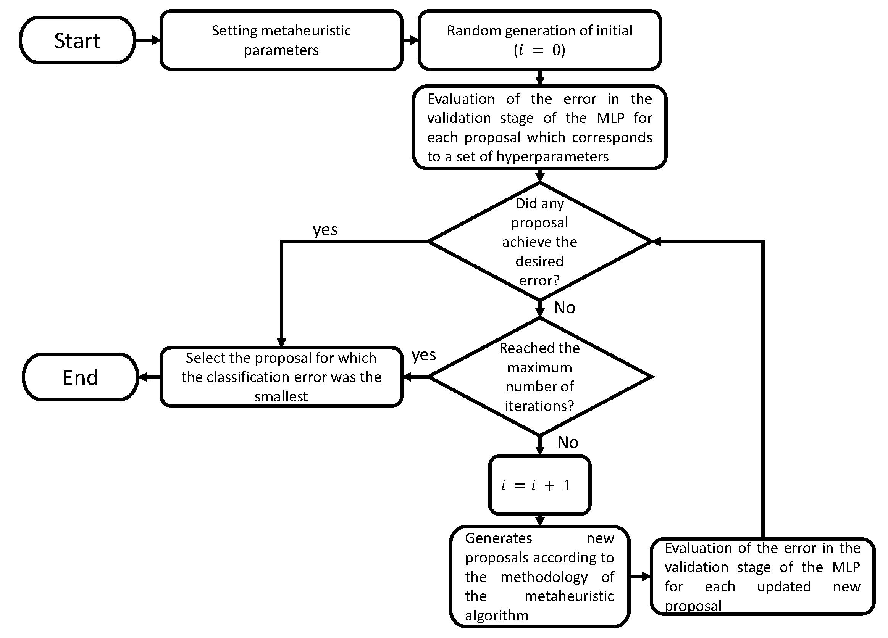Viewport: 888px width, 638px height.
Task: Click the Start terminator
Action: [x=77, y=40]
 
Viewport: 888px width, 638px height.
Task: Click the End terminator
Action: [x=80, y=377]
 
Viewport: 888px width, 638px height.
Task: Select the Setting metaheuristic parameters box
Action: [x=281, y=40]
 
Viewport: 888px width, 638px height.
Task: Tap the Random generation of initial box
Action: [x=539, y=40]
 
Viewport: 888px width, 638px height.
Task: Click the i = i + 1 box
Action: [x=539, y=485]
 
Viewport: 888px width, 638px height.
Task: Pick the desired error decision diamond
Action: [x=539, y=242]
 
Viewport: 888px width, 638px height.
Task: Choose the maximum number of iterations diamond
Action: [x=539, y=377]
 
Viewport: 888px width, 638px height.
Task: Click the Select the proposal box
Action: [x=281, y=377]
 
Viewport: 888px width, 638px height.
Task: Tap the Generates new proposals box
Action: [x=539, y=577]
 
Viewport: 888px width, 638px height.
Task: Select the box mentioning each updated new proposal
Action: [x=762, y=577]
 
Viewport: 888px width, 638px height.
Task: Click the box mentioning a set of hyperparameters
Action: [x=539, y=127]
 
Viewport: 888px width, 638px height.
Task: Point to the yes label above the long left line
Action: [x=325, y=230]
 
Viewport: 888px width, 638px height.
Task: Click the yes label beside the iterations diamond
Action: [x=424, y=355]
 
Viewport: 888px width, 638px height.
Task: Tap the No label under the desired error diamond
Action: [x=565, y=308]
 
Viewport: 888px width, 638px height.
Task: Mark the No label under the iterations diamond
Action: [x=568, y=443]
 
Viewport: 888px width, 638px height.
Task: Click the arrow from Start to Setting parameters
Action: [x=148, y=40]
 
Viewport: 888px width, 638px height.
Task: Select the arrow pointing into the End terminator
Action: [x=149, y=377]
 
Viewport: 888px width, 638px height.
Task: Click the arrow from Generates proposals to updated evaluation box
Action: [x=640, y=577]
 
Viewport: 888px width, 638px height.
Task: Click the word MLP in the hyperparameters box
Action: [x=610, y=118]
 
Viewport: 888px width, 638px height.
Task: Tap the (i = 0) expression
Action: [x=539, y=50]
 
